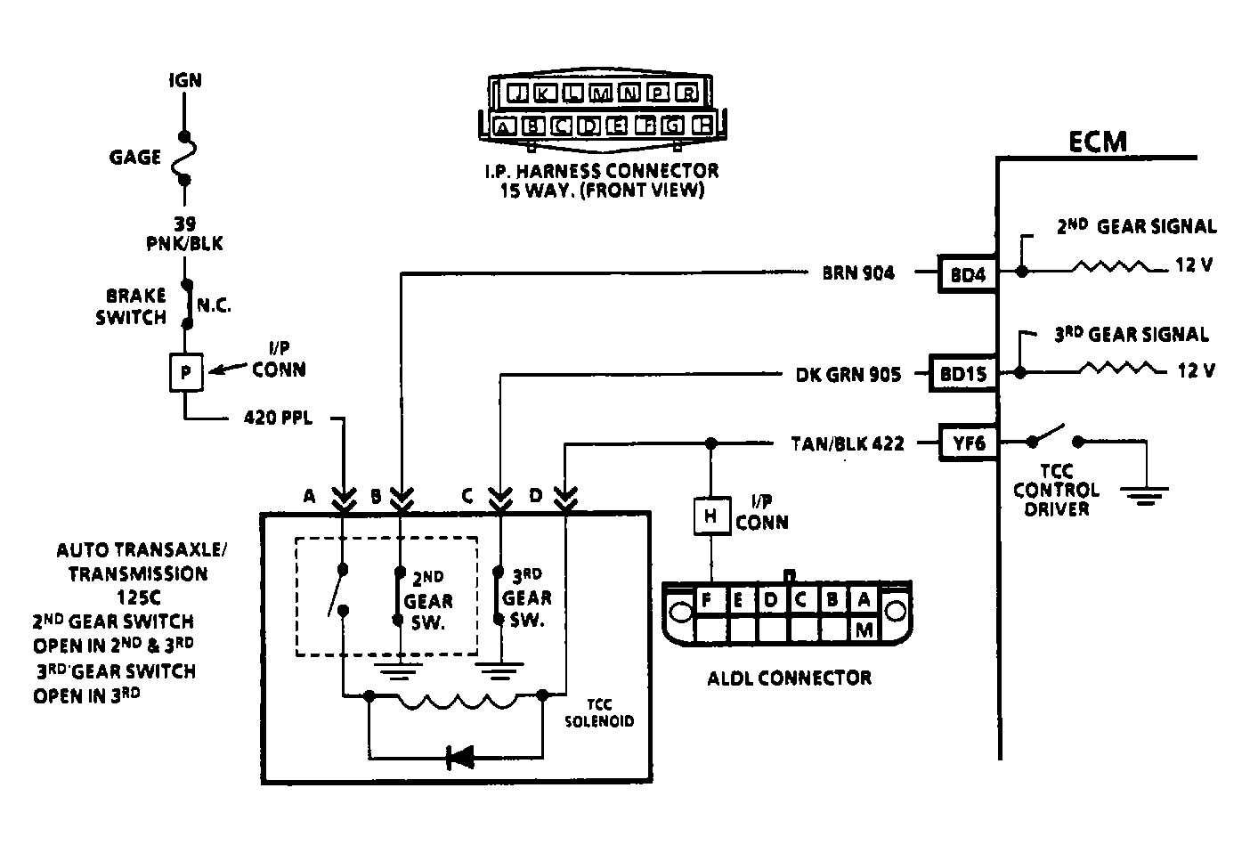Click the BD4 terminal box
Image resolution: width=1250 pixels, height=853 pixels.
[968, 274]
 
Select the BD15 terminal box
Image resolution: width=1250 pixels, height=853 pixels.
[962, 375]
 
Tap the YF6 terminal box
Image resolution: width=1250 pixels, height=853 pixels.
[969, 443]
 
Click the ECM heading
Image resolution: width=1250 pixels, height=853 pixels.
[1098, 142]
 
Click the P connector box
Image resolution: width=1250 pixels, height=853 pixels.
[186, 372]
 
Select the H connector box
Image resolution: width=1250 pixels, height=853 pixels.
[710, 516]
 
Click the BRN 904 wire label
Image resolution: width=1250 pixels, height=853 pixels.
[858, 273]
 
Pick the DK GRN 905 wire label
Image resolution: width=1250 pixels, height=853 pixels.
[848, 375]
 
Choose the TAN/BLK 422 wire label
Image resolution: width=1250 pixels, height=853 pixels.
[847, 443]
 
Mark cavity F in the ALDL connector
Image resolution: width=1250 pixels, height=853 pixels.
[707, 600]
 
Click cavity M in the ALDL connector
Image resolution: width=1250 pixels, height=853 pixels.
[862, 630]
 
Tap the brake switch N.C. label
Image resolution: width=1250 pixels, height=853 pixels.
[213, 305]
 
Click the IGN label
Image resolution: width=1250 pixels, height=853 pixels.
[185, 80]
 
